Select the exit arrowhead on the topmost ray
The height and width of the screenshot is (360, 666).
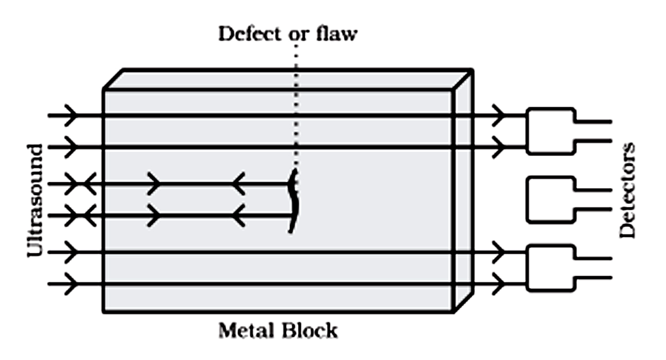(499, 116)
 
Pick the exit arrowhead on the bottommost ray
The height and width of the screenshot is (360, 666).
(499, 284)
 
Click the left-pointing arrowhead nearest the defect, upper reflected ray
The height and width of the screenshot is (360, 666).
(239, 184)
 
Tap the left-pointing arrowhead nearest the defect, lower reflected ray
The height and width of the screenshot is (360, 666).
(239, 215)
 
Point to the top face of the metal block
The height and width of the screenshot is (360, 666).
(287, 80)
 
